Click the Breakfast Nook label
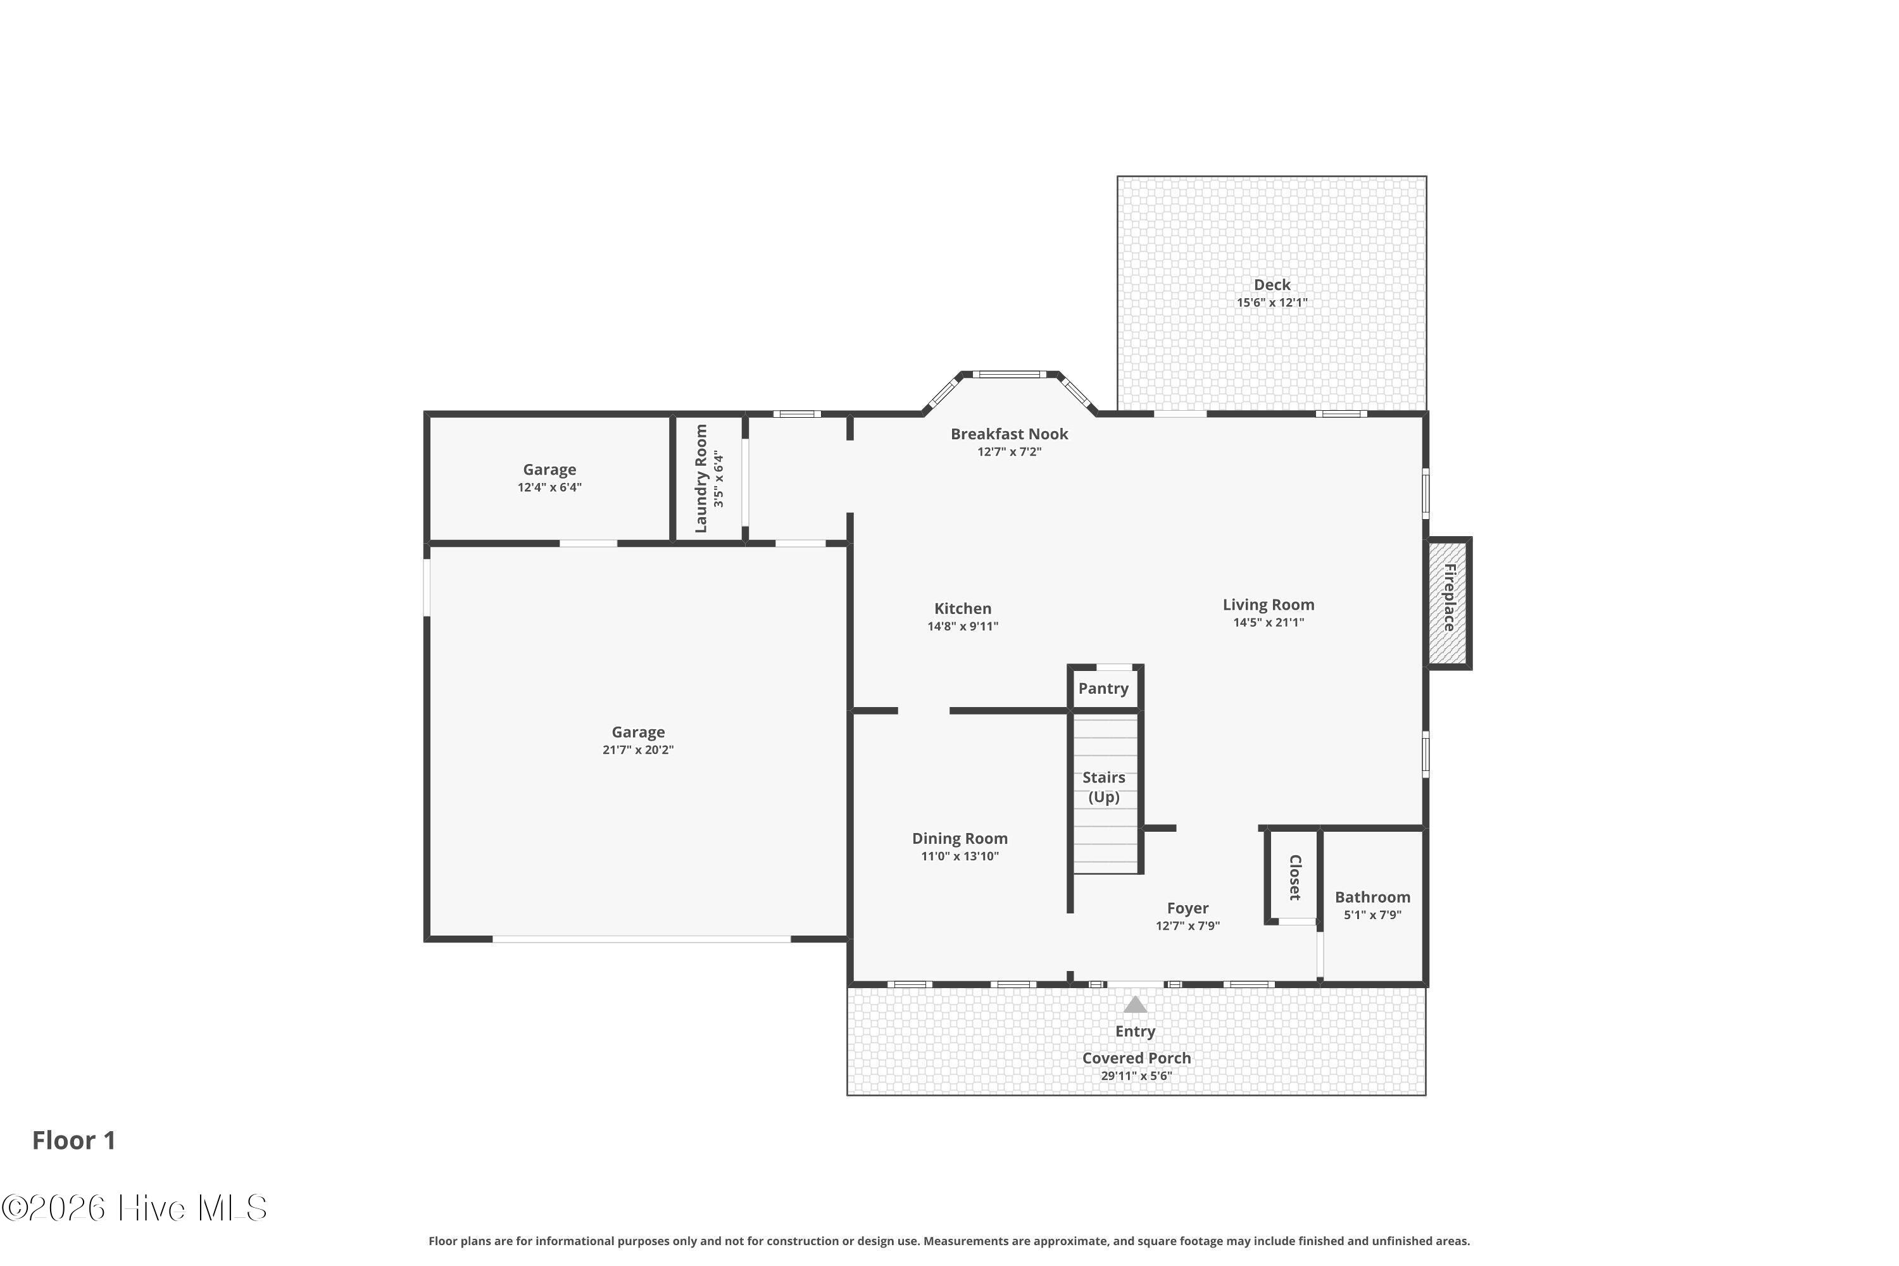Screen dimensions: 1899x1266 pyautogui.click(x=1009, y=434)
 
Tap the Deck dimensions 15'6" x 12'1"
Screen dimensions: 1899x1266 pyautogui.click(x=1272, y=303)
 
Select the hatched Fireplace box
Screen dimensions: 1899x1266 pyautogui.click(x=1450, y=603)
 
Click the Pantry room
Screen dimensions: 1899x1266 pyautogui.click(x=1105, y=688)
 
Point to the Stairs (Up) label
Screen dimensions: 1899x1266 pyautogui.click(x=1104, y=787)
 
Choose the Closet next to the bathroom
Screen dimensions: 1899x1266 pyautogui.click(x=1293, y=876)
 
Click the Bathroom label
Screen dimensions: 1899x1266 pyautogui.click(x=1372, y=897)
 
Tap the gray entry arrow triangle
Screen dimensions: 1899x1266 pyautogui.click(x=1135, y=1005)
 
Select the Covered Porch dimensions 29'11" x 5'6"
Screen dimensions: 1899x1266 pyautogui.click(x=1136, y=1075)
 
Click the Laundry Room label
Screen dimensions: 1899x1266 pyautogui.click(x=701, y=479)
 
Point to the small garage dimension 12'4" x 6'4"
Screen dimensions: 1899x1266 pyautogui.click(x=550, y=487)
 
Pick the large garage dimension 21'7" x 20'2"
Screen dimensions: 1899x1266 pyautogui.click(x=638, y=750)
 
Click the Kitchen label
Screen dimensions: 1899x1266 pyautogui.click(x=962, y=609)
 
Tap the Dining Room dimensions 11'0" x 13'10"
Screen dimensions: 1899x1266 pyautogui.click(x=960, y=856)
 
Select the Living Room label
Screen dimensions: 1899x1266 pyautogui.click(x=1269, y=605)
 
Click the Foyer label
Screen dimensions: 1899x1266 pyautogui.click(x=1188, y=908)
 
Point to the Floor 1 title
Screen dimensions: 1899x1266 pyautogui.click(x=74, y=1141)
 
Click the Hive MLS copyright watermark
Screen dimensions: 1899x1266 pyautogui.click(x=134, y=1208)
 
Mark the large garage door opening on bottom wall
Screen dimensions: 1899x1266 pyautogui.click(x=642, y=939)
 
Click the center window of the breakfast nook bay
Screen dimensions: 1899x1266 pyautogui.click(x=1009, y=374)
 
